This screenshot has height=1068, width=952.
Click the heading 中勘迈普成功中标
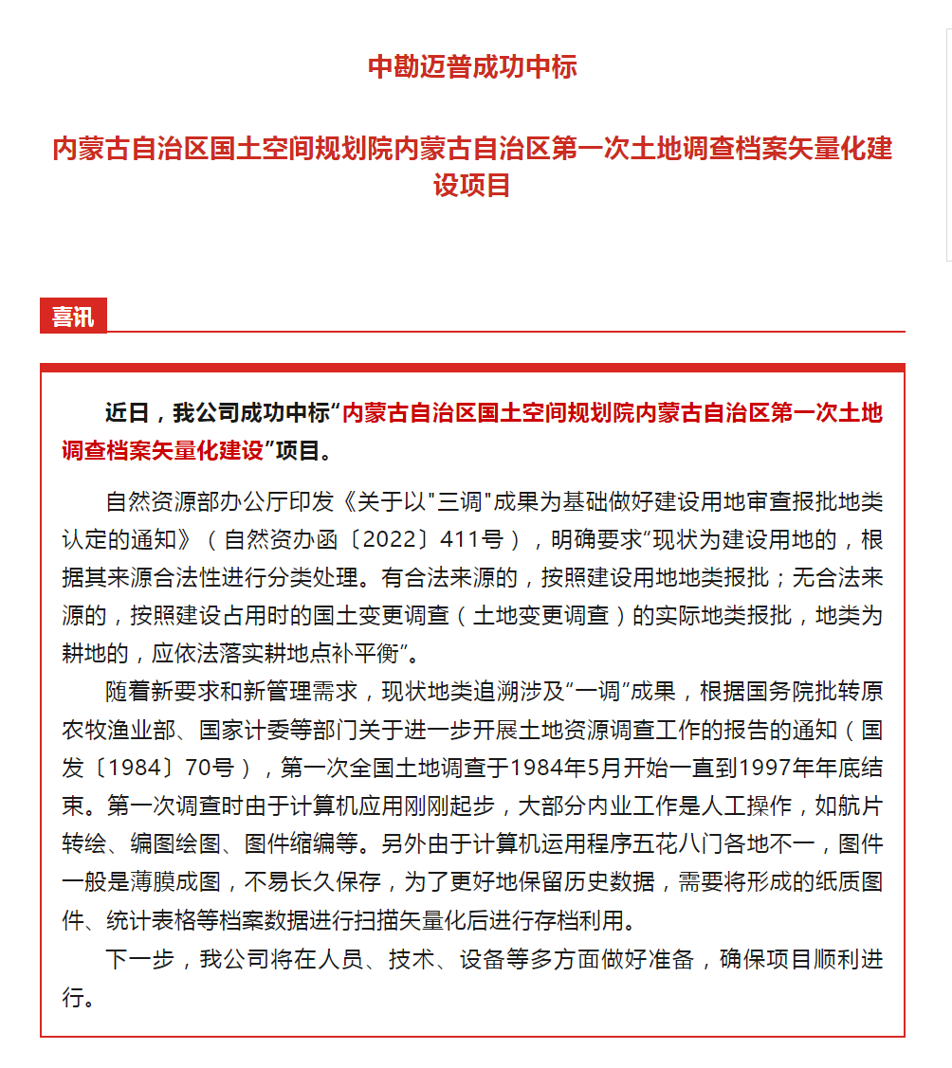pyautogui.click(x=472, y=67)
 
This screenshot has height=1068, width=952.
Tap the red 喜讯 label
pyautogui.click(x=73, y=317)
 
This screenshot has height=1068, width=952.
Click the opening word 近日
pyautogui.click(x=127, y=413)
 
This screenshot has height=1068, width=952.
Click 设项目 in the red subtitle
pyautogui.click(x=472, y=185)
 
